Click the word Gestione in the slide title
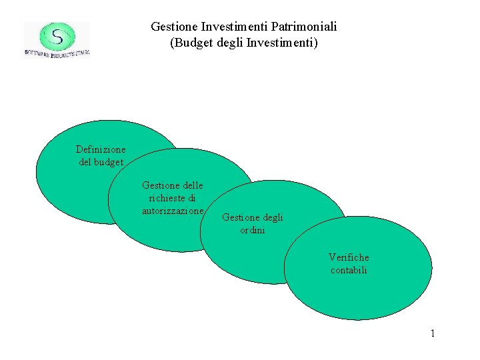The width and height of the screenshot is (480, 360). tap(172, 27)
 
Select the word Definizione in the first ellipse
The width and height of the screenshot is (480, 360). tap(101, 149)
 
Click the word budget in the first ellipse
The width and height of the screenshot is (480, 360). tap(109, 162)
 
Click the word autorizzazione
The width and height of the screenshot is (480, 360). tap(173, 211)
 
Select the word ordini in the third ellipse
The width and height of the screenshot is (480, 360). tap(253, 230)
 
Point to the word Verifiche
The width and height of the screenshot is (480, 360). tap(349, 257)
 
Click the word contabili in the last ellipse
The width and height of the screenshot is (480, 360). tap(349, 270)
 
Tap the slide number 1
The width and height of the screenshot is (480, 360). tap(432, 333)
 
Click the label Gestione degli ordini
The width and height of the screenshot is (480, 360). tap(253, 223)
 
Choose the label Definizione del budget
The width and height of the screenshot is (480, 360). tap(101, 155)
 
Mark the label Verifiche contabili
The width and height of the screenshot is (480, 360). tap(349, 263)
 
